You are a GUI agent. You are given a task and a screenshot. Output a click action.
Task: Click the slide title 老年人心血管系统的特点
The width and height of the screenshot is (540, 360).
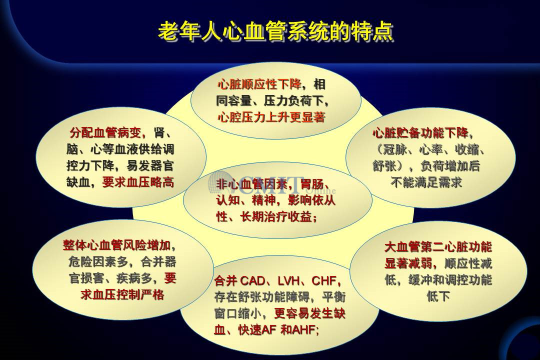pyautogui.click(x=275, y=32)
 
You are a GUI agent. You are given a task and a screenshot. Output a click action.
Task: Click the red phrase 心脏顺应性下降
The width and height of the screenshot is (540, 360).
pyautogui.click(x=259, y=84)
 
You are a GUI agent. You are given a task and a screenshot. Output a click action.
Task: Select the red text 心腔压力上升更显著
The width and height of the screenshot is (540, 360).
pyautogui.click(x=271, y=117)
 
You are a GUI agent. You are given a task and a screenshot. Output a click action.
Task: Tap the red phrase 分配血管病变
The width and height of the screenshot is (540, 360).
pyautogui.click(x=105, y=132)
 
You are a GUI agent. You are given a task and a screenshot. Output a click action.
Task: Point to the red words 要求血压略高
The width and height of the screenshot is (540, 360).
pyautogui.click(x=138, y=182)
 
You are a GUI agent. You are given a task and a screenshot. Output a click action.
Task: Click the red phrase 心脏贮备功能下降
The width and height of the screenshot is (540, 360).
pyautogui.click(x=420, y=133)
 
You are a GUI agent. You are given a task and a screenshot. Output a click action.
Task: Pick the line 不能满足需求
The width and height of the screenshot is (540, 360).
pyautogui.click(x=426, y=182)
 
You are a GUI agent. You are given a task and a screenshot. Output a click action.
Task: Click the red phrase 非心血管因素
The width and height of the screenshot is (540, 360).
pyautogui.click(x=252, y=184)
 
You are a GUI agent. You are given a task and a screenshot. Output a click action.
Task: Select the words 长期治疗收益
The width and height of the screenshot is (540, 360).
pyautogui.click(x=276, y=217)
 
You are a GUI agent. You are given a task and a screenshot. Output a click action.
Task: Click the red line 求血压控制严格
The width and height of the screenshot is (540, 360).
pyautogui.click(x=122, y=295)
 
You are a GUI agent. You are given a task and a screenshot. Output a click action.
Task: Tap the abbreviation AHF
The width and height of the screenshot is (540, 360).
pyautogui.click(x=304, y=330)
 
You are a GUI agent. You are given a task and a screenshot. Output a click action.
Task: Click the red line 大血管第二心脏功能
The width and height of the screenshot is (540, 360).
pyautogui.click(x=438, y=247)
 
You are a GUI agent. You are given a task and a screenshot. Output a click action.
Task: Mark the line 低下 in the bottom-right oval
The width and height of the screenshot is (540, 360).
pyautogui.click(x=438, y=296)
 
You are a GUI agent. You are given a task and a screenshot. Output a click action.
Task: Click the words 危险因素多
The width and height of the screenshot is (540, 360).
pyautogui.click(x=98, y=262)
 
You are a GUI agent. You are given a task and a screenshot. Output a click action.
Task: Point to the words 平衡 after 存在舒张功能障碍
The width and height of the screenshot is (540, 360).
pyautogui.click(x=333, y=297)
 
